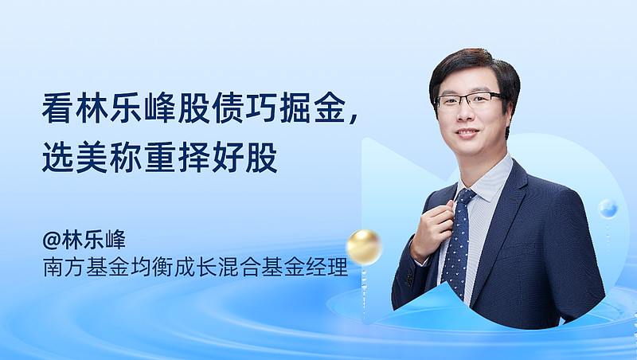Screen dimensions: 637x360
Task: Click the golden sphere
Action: pos(364,247)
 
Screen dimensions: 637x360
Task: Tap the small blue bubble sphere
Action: pos(608,209)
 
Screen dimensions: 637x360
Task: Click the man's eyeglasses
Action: pos(468,99)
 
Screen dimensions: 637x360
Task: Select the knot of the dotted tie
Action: pos(466,197)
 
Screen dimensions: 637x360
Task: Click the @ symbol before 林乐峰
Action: pos(51,241)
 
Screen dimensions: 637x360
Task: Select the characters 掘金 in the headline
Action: pos(312,108)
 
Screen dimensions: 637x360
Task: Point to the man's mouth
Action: pos(467,132)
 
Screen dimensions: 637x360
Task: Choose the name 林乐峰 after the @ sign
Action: pos(94,241)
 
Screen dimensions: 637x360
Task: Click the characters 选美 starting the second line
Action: pos(74,157)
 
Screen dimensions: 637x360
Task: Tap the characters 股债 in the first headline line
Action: pos(210,108)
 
